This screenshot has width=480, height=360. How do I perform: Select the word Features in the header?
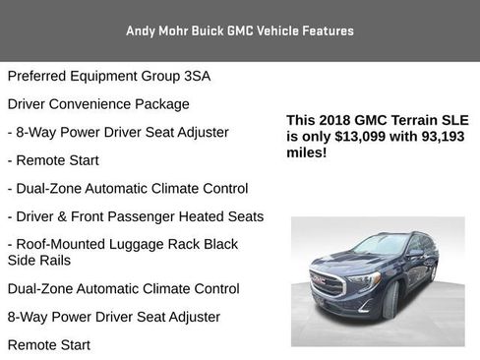coord(326,30)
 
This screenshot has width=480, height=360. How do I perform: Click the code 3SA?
coord(195,76)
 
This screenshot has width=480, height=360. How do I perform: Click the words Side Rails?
coord(40,261)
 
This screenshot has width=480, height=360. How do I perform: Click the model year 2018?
coord(332,120)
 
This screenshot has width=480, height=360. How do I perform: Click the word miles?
coord(306,153)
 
